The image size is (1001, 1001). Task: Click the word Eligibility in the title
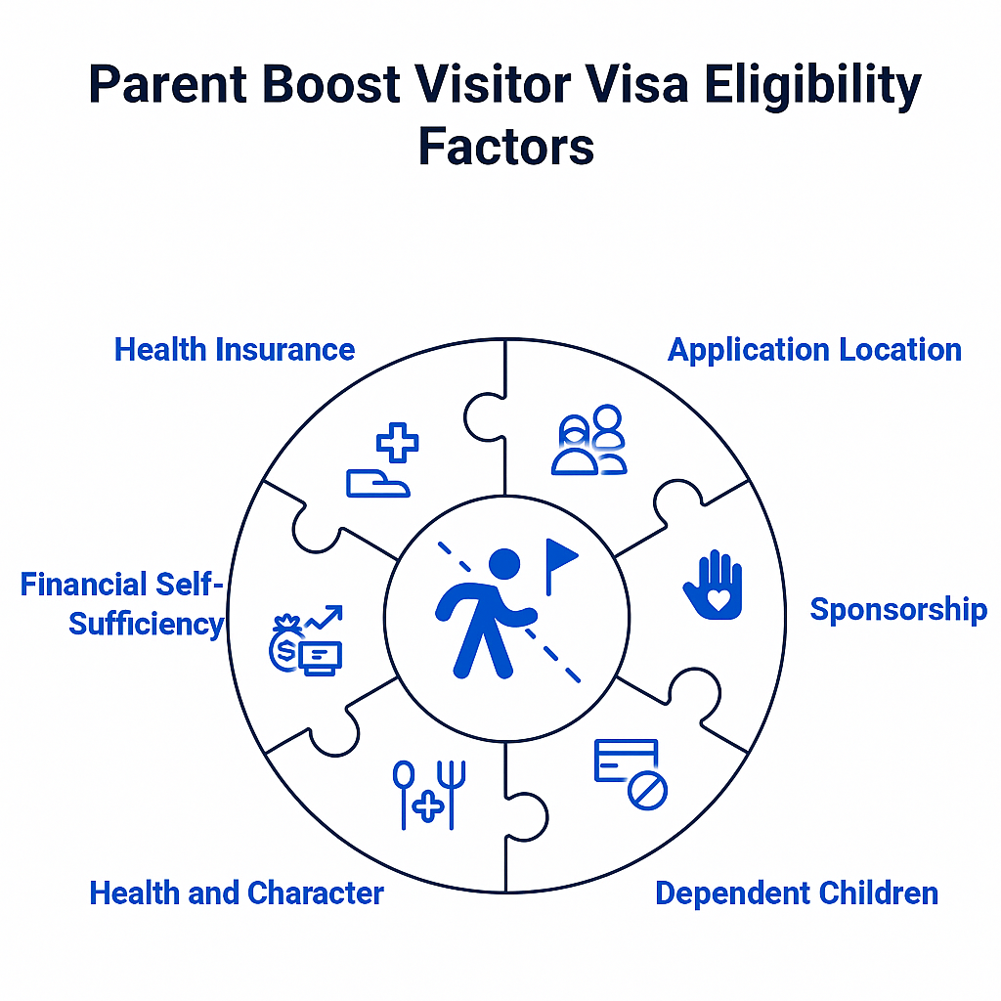[x=812, y=86]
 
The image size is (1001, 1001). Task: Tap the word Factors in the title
[x=505, y=147]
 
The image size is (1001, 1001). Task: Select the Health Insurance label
[x=235, y=350]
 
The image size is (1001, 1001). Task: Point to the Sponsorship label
[x=898, y=610]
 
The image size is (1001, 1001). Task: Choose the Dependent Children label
[x=797, y=893]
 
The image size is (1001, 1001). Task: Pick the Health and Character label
[x=237, y=893]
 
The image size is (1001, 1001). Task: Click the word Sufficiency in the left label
[x=147, y=625]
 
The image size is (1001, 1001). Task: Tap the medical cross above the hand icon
[x=397, y=442]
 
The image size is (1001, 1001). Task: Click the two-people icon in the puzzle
[x=589, y=440]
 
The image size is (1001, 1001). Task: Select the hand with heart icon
[x=714, y=585]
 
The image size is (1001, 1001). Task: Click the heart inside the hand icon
[x=718, y=600]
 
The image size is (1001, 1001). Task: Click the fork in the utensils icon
[x=452, y=796]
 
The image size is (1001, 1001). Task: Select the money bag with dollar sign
[x=285, y=644]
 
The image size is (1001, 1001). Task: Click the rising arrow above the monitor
[x=324, y=618]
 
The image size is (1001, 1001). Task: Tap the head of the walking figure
[x=504, y=564]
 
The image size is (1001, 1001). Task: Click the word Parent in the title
[x=168, y=84]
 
